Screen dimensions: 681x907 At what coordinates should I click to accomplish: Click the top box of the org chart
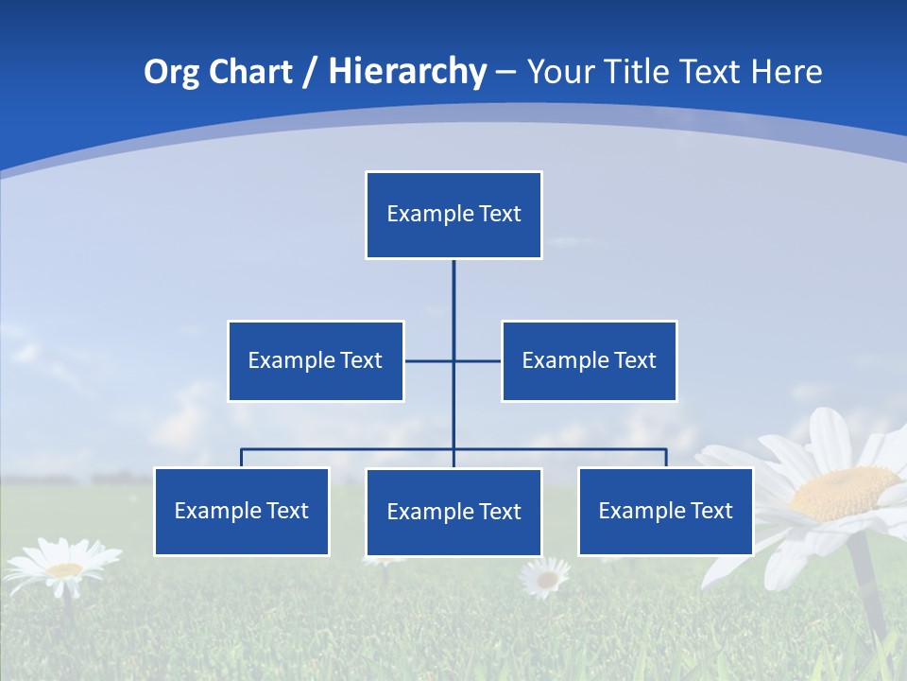click(453, 215)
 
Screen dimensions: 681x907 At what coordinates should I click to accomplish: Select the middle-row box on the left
click(316, 360)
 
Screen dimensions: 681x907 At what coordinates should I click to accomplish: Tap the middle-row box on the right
click(589, 360)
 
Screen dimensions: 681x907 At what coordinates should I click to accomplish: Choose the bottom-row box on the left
click(242, 511)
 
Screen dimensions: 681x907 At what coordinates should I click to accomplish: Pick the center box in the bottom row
click(453, 512)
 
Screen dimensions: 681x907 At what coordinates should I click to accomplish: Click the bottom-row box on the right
click(665, 511)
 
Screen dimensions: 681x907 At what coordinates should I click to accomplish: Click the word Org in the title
click(171, 72)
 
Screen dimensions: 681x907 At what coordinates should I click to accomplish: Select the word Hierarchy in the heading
click(406, 72)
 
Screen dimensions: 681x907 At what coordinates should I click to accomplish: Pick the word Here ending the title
click(786, 72)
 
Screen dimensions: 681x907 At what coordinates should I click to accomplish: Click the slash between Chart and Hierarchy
click(310, 73)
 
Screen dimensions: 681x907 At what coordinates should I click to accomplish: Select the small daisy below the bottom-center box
click(545, 577)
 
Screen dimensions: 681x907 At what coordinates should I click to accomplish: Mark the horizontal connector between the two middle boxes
click(453, 360)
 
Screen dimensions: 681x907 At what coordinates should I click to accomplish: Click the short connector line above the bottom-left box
click(242, 458)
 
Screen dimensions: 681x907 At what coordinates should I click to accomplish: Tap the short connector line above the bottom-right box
click(666, 458)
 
